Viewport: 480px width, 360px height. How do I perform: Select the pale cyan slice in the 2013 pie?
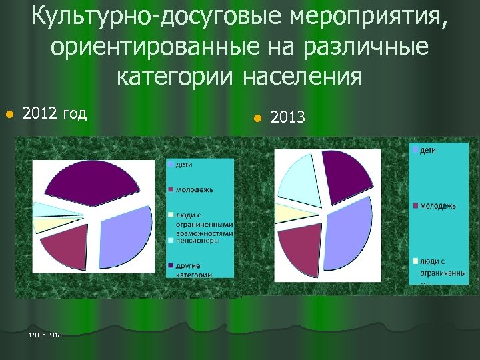300,179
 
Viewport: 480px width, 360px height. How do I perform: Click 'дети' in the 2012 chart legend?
185,164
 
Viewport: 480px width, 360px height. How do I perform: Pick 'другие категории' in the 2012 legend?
194,270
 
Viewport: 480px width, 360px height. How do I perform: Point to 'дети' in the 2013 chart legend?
427,151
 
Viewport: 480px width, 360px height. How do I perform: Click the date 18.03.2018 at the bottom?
45,335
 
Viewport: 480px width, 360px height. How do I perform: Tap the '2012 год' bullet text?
54,113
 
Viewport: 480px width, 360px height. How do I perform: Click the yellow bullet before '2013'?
255,119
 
